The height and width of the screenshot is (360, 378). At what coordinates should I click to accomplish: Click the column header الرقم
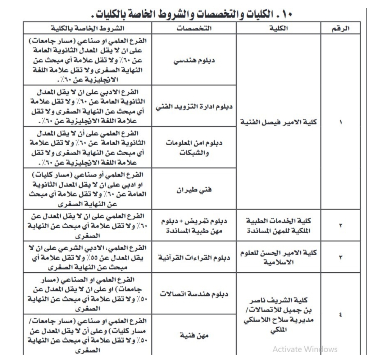(340, 28)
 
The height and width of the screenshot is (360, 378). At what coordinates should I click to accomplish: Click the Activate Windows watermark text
(305, 349)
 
